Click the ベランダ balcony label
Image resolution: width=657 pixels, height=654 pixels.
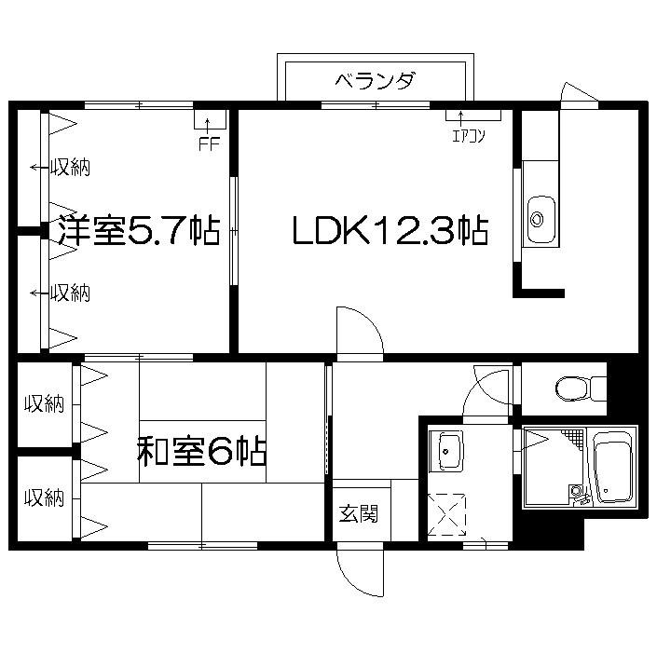[375, 80]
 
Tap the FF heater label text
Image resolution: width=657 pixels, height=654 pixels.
[209, 144]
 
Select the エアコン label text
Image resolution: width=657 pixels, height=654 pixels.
[469, 136]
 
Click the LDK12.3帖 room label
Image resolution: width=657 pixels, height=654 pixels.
[390, 230]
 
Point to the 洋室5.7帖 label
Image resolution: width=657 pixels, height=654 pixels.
[139, 230]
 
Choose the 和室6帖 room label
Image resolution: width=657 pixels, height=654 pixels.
[201, 451]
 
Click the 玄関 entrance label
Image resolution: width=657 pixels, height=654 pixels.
[359, 513]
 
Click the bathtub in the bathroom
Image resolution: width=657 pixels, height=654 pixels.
[612, 467]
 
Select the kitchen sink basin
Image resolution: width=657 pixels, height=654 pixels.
[541, 219]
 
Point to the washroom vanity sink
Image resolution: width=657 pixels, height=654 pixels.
[445, 450]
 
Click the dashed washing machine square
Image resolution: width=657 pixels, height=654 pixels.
[446, 514]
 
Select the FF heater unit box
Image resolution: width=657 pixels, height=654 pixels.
[210, 119]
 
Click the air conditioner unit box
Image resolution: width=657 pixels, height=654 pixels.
[473, 115]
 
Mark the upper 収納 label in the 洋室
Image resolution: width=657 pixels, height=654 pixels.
[70, 168]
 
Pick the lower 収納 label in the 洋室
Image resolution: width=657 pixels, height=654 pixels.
[70, 293]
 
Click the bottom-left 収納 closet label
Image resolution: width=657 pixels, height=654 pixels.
[44, 498]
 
